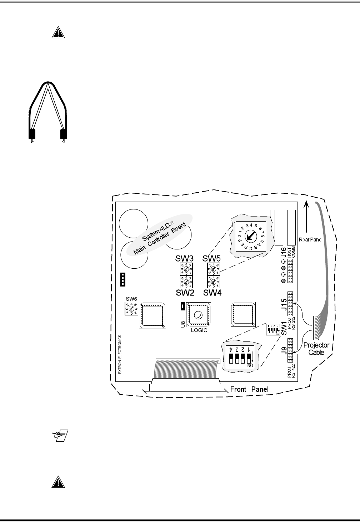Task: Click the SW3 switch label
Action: click(184, 258)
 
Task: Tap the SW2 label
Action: click(185, 293)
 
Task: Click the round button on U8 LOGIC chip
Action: click(198, 315)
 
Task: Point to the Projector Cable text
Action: click(316, 349)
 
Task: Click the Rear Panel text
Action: click(311, 239)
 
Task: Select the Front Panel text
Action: click(249, 389)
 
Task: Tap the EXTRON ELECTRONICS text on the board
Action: click(120, 354)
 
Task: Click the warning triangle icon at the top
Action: click(57, 33)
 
